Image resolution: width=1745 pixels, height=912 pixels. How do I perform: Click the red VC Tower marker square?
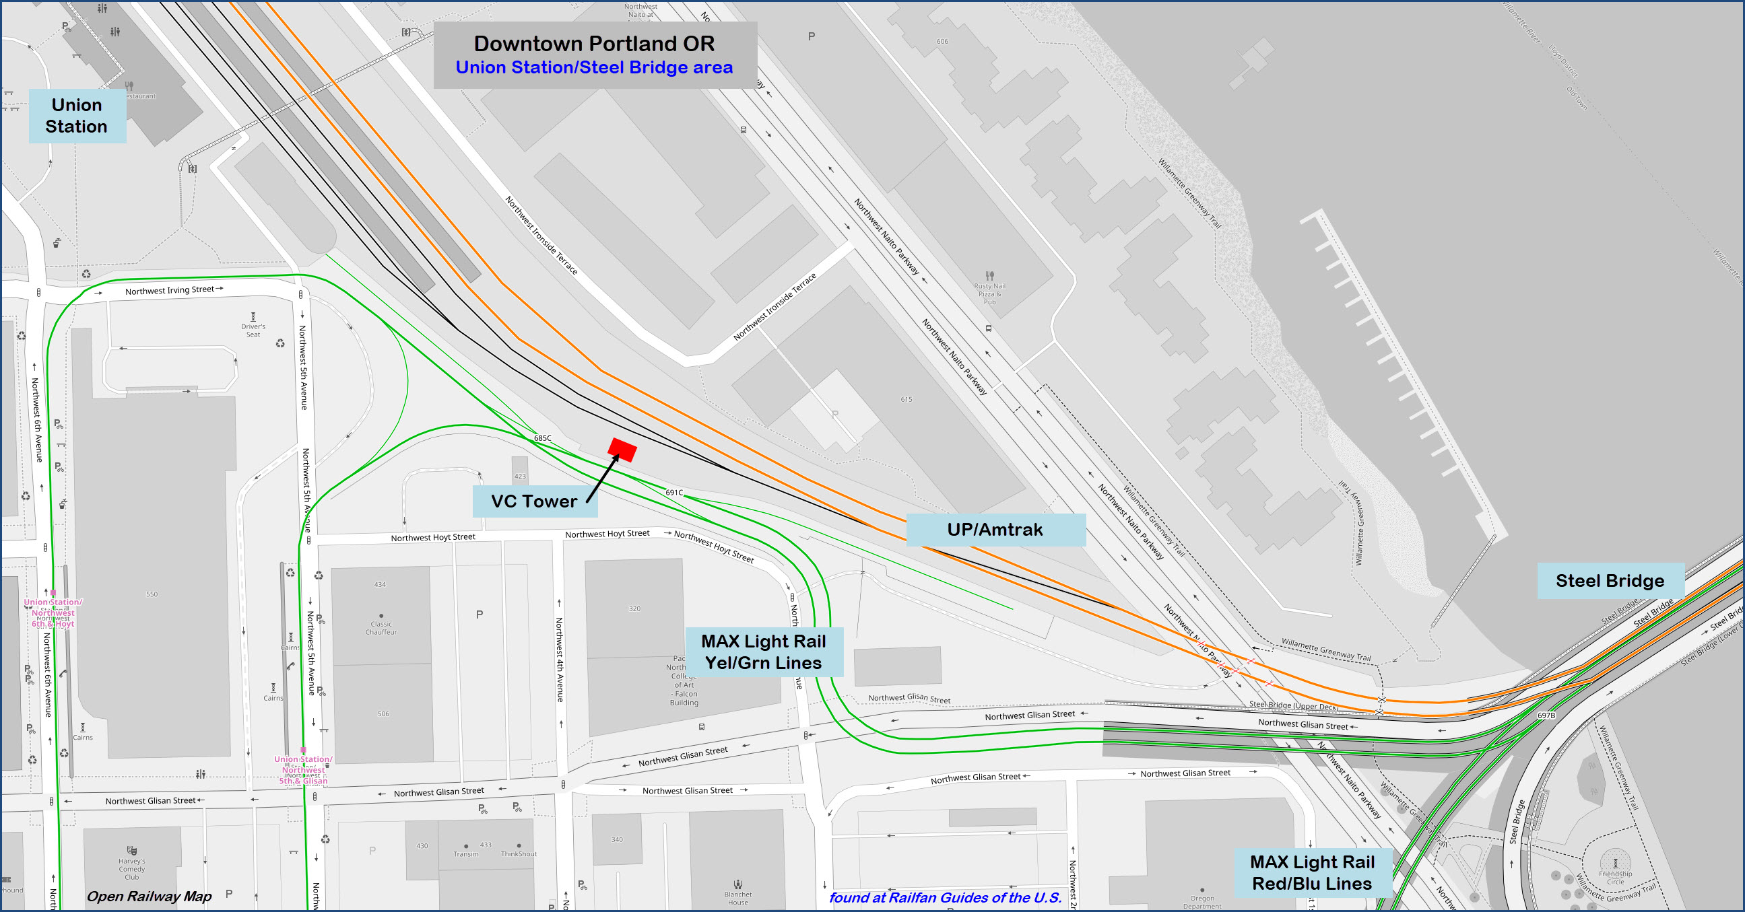(622, 450)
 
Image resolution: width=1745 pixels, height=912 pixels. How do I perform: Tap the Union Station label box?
(77, 116)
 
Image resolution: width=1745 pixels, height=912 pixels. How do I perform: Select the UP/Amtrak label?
(995, 530)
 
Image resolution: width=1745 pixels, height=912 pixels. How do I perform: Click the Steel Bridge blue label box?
(1610, 581)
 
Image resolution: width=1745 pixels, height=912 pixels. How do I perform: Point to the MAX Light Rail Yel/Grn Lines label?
(764, 652)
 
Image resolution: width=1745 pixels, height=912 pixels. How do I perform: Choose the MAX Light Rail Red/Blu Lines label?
(1312, 873)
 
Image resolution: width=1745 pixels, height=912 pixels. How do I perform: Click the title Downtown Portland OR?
(594, 43)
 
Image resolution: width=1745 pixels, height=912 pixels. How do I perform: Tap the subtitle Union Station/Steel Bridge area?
(594, 68)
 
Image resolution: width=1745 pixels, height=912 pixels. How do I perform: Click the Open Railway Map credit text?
(149, 897)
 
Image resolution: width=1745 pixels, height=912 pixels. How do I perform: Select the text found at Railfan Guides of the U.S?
(945, 898)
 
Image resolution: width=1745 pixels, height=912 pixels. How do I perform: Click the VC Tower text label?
(534, 501)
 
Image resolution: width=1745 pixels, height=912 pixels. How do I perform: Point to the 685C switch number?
(543, 438)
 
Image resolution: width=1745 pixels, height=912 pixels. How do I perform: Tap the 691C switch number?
(674, 493)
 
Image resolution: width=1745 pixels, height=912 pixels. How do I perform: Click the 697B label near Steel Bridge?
(1546, 715)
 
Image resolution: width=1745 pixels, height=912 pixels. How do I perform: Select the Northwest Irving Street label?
(170, 291)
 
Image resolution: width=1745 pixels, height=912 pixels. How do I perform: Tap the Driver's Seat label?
(253, 330)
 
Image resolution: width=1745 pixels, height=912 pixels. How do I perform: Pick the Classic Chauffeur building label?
(381, 629)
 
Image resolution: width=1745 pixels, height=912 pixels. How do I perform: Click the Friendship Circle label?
(1615, 878)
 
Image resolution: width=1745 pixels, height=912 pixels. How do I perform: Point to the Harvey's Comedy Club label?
(132, 869)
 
